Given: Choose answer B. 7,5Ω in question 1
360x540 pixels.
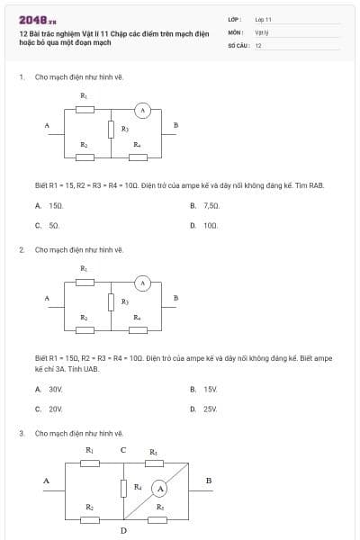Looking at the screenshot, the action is [205, 206].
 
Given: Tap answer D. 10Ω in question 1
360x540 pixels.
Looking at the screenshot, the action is [205, 226].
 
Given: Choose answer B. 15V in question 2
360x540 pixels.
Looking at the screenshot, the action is [205, 389].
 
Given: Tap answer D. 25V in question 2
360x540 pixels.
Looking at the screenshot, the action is [205, 409].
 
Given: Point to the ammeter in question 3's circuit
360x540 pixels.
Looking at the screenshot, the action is [159, 489].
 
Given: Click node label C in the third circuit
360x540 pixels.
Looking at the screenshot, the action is [123, 450].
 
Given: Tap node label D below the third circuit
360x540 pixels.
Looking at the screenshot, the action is [123, 529].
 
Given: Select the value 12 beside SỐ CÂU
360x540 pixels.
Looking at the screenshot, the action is [258, 45].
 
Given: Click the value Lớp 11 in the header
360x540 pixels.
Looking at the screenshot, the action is [263, 19].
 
